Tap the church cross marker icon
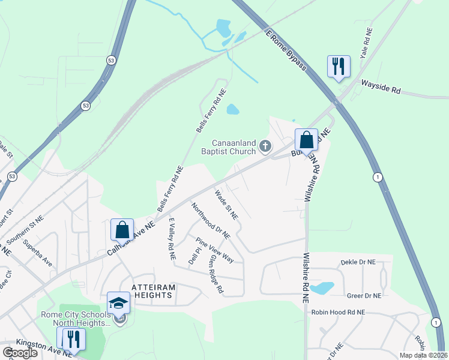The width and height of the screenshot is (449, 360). (265, 145)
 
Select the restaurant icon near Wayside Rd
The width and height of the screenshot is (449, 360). (339, 66)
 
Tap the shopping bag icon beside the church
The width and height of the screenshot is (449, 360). (306, 140)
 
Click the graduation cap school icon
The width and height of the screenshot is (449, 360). (118, 303)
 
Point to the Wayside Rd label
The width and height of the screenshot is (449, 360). (381, 88)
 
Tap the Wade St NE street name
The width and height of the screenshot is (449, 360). (226, 204)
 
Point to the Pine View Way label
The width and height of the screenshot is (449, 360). (214, 250)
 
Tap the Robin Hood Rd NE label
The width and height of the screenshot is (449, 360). (343, 313)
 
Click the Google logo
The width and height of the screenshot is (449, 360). (20, 352)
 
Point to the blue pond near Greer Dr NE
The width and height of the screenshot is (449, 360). (322, 287)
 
